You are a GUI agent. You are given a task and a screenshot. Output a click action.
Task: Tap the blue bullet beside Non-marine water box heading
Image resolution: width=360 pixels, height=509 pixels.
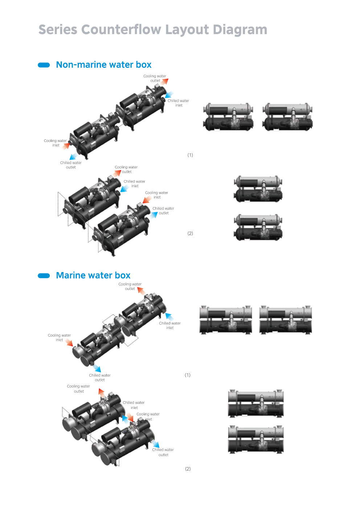click(x=44, y=65)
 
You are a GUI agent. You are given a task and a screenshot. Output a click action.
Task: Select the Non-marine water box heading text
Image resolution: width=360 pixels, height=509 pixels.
click(x=103, y=65)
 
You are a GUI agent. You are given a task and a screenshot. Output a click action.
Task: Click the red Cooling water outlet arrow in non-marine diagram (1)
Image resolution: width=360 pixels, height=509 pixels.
click(x=164, y=82)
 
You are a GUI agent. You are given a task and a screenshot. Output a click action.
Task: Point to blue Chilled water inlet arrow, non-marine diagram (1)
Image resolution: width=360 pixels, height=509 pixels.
click(x=169, y=95)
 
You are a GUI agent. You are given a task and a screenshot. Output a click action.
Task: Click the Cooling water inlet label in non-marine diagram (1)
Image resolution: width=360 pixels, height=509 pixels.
click(x=55, y=143)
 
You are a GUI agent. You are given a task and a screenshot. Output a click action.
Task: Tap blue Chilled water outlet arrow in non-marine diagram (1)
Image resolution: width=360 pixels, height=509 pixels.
click(x=73, y=156)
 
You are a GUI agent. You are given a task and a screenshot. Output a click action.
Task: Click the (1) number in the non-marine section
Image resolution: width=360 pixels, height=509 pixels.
click(x=190, y=155)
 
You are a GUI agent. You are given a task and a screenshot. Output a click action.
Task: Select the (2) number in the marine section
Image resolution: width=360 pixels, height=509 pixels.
click(x=188, y=469)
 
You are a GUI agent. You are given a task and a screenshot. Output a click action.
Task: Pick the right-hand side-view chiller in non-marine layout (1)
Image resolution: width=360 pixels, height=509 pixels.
click(x=288, y=117)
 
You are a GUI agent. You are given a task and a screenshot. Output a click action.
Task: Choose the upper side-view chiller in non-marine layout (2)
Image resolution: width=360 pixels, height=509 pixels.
click(x=258, y=189)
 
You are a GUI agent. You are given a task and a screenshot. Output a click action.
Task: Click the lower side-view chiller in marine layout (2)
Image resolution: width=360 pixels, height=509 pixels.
click(x=255, y=440)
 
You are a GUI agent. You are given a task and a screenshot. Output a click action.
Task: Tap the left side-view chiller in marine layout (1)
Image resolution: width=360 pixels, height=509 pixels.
click(x=226, y=320)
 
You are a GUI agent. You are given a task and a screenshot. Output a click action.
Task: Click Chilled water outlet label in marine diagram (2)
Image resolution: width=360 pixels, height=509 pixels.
click(x=163, y=452)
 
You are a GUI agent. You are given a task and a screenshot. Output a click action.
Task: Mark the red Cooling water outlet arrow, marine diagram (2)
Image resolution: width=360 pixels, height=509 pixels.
click(x=102, y=393)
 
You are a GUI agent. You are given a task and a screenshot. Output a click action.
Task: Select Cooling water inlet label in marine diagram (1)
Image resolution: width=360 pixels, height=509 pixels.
click(x=59, y=338)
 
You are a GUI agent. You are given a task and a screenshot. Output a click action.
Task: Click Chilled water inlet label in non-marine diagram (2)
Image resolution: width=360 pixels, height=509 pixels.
click(x=134, y=184)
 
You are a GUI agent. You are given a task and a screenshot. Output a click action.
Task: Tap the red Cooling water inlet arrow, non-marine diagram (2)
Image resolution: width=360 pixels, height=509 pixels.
click(x=147, y=200)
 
